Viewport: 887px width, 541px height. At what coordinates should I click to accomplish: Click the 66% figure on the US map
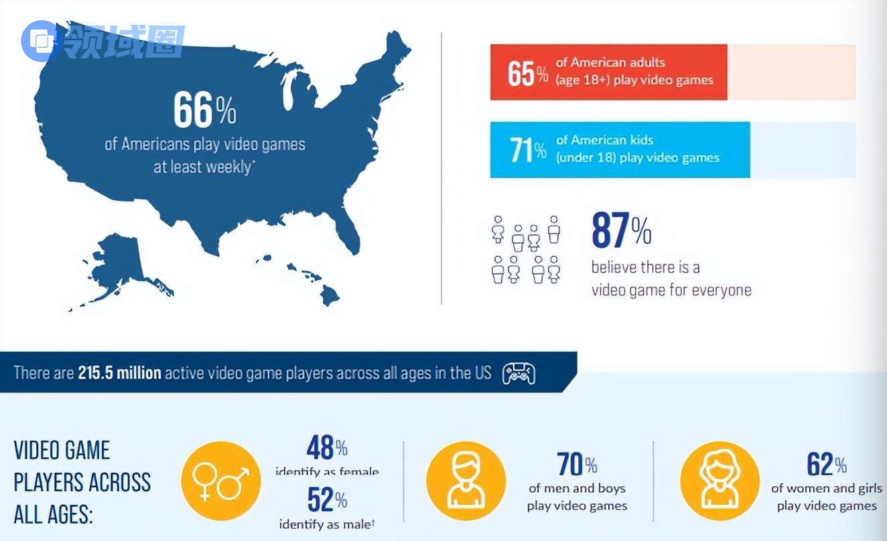click(204, 111)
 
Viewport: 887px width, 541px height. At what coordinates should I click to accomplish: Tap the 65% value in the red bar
click(528, 73)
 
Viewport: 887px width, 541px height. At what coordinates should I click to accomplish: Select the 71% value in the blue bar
click(528, 150)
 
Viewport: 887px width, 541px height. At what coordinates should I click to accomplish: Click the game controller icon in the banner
click(519, 374)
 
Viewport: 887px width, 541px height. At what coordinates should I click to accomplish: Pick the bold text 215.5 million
click(119, 373)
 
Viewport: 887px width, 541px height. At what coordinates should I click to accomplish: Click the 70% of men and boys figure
click(577, 464)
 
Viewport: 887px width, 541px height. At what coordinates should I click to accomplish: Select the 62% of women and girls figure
click(827, 464)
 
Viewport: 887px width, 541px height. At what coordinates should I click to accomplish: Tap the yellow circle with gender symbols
click(221, 481)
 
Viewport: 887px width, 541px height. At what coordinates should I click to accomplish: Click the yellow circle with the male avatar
click(466, 481)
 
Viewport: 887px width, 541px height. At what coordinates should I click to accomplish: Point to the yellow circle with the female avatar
click(720, 481)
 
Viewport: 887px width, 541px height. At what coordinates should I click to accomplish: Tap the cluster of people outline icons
click(526, 249)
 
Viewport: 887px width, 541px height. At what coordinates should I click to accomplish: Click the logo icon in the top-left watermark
click(42, 42)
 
